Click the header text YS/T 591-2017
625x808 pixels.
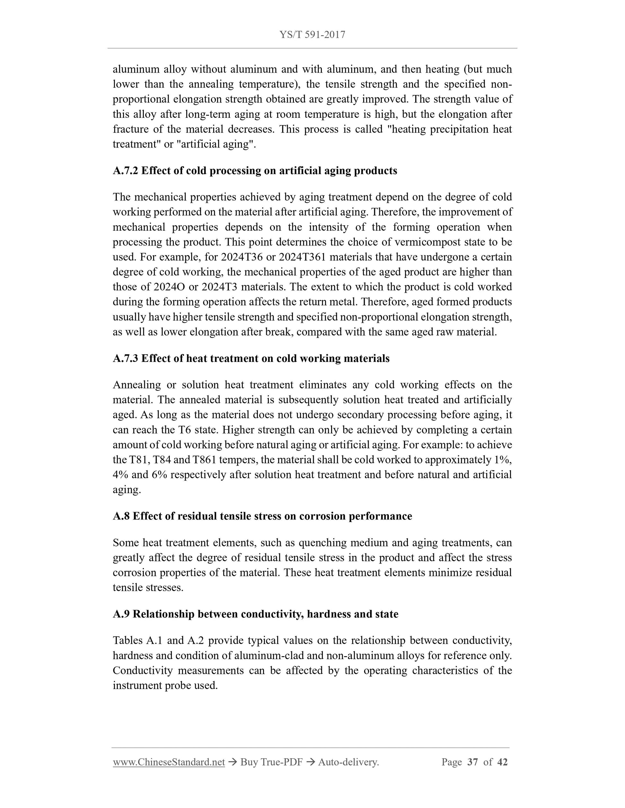312,35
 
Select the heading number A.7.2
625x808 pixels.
125,171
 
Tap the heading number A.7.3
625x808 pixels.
125,358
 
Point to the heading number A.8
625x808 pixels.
121,516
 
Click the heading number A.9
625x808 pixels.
121,614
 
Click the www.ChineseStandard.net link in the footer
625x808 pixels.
169,762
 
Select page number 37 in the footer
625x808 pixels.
473,762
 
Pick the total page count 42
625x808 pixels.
502,762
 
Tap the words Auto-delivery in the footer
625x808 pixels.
348,762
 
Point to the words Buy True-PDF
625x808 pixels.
271,762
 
